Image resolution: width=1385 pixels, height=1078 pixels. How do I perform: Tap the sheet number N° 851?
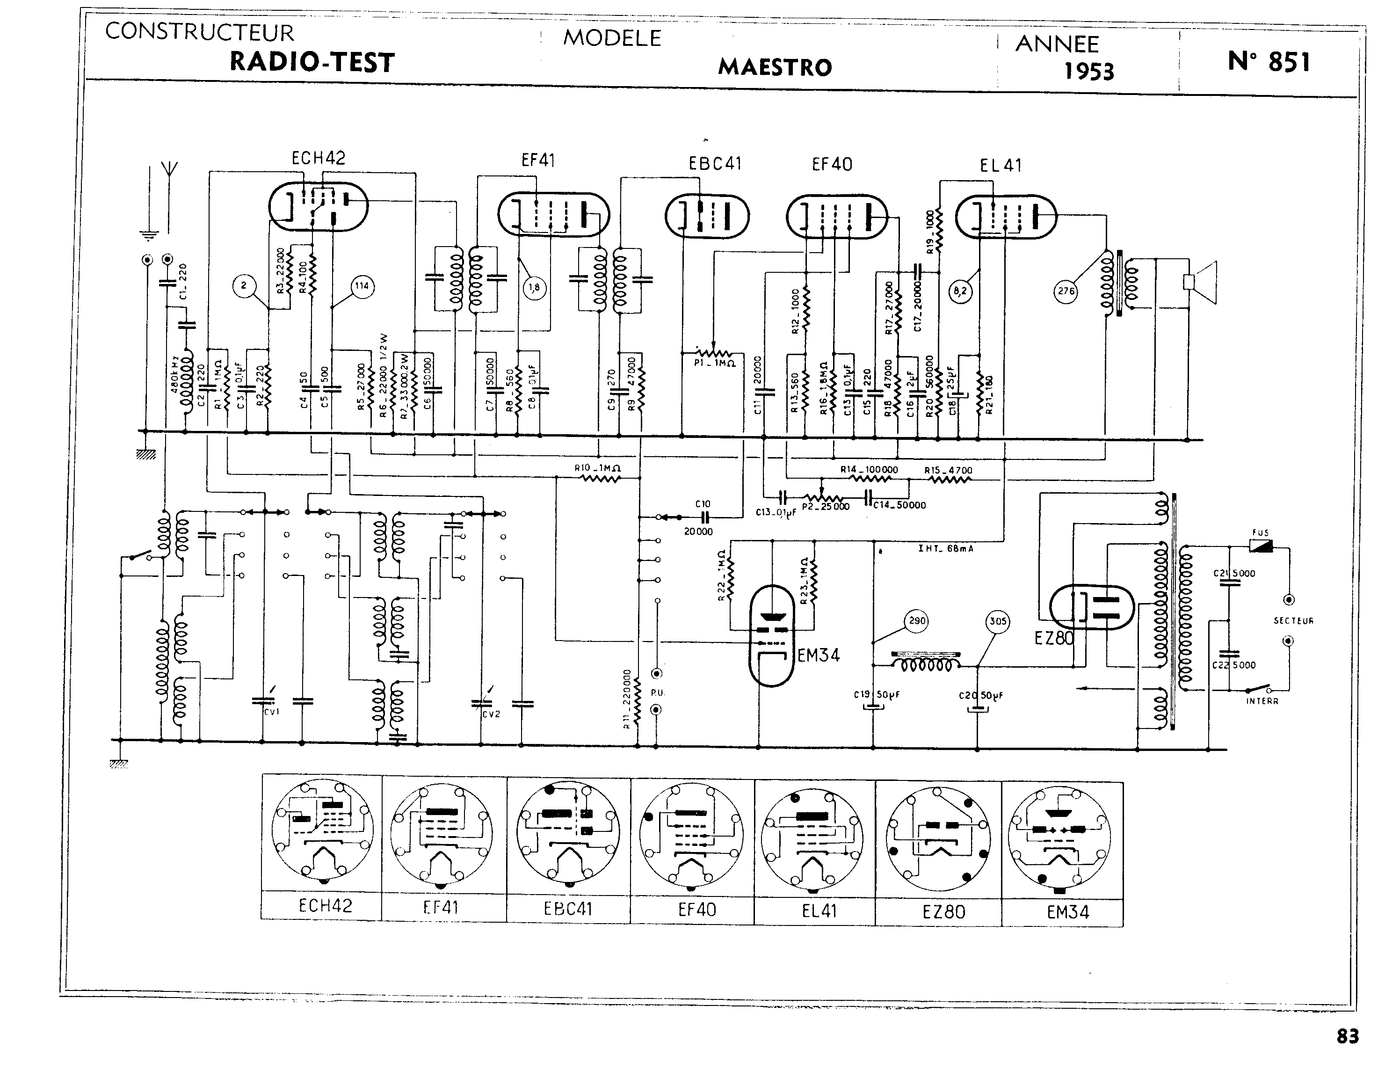pyautogui.click(x=1269, y=62)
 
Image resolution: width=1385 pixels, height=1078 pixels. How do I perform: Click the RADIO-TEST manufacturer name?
pyautogui.click(x=312, y=62)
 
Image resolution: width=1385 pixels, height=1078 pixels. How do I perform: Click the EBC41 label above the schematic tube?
pyautogui.click(x=715, y=164)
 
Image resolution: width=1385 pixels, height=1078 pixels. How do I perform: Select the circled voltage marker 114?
pyautogui.click(x=362, y=286)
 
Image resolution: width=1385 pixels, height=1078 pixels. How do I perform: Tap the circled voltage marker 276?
pyautogui.click(x=1066, y=291)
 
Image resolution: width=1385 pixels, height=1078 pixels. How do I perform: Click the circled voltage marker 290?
pyautogui.click(x=917, y=620)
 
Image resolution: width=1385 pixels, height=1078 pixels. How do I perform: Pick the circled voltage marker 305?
pyautogui.click(x=998, y=621)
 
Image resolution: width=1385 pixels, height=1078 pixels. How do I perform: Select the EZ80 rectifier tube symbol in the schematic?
pyautogui.click(x=1091, y=606)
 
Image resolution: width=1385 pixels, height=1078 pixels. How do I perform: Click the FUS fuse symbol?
pyautogui.click(x=1260, y=546)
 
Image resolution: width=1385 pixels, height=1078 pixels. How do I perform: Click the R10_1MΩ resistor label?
pyautogui.click(x=597, y=468)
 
